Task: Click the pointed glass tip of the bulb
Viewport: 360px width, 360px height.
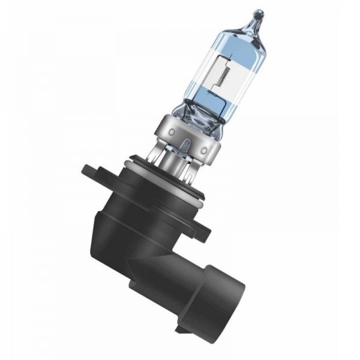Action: pos(259,13)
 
